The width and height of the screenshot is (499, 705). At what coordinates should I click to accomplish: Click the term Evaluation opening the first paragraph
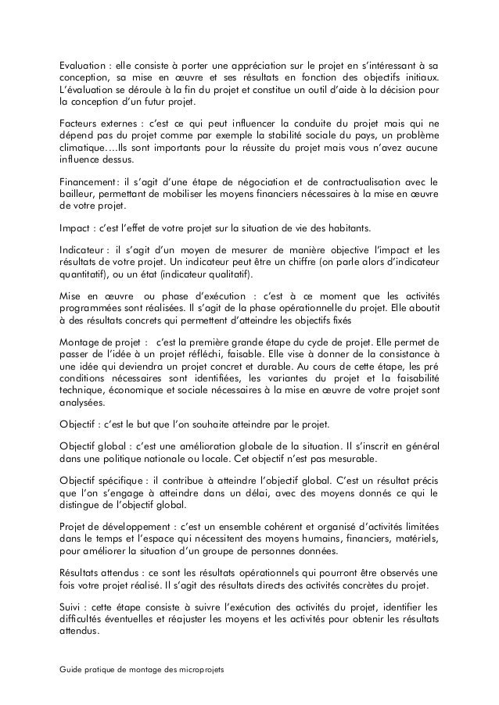[82, 64]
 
